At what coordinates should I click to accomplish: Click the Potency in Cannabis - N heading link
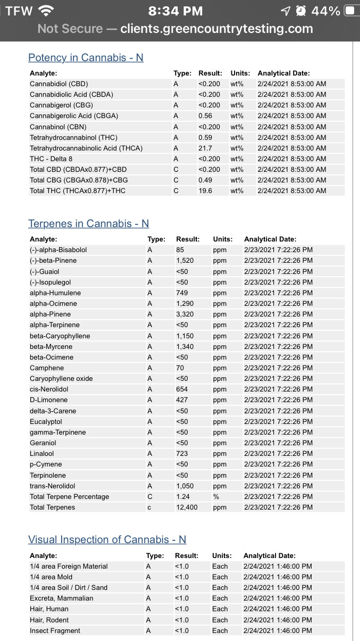[x=86, y=57]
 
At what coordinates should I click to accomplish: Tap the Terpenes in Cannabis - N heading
[x=88, y=223]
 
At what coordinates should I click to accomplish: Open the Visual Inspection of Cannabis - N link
[x=107, y=539]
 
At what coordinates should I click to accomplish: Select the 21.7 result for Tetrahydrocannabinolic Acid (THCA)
[x=205, y=148]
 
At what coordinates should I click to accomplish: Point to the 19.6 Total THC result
[x=205, y=190]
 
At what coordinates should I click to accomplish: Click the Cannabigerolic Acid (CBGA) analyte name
[x=74, y=115]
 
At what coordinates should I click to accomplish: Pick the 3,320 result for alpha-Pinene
[x=185, y=314]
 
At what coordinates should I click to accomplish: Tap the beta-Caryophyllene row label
[x=60, y=336]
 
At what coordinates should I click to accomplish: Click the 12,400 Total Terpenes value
[x=187, y=507]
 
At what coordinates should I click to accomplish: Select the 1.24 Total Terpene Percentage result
[x=183, y=496]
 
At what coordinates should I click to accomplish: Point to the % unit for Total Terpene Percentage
[x=216, y=496]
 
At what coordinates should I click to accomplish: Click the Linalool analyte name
[x=42, y=453]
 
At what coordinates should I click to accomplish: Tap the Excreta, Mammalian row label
[x=62, y=598]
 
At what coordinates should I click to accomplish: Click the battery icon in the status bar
[x=350, y=11]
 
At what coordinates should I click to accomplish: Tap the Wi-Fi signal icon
[x=46, y=11]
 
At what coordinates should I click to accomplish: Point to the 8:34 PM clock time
[x=175, y=11]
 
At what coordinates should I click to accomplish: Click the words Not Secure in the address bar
[x=70, y=29]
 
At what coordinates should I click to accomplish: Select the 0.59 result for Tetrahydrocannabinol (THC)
[x=205, y=137]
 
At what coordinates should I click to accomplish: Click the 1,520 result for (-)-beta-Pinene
[x=185, y=260]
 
